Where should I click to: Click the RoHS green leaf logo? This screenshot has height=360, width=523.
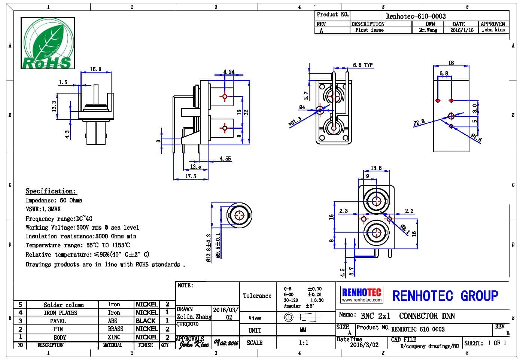tap(47, 43)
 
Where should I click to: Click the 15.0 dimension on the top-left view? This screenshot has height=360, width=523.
tap(96, 69)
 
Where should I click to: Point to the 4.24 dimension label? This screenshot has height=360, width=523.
tap(229, 72)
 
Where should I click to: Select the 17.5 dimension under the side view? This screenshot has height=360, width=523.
tap(191, 176)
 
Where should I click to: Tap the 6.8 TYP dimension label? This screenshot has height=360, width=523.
tap(363, 65)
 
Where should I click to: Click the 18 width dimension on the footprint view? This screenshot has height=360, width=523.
tap(451, 63)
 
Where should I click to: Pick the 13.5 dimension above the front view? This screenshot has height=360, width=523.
tap(376, 168)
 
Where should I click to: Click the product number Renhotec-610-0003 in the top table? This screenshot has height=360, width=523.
tap(416, 16)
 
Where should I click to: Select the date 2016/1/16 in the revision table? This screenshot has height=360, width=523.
tap(462, 30)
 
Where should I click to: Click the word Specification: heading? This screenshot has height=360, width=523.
tap(51, 191)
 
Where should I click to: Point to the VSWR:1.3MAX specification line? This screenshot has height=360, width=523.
tap(43, 209)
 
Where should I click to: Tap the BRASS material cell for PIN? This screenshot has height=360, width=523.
tap(115, 329)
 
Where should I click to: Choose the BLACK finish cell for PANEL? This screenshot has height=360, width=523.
tap(146, 321)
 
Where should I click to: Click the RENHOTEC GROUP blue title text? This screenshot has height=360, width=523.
tap(445, 296)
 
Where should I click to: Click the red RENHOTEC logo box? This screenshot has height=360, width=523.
tap(362, 294)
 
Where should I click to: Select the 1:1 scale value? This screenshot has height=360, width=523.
tap(303, 342)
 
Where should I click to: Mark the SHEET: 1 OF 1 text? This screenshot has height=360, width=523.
tap(485, 343)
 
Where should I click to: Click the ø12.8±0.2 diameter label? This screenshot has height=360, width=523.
tap(209, 248)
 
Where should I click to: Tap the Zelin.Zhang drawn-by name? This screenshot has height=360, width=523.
tap(194, 317)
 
